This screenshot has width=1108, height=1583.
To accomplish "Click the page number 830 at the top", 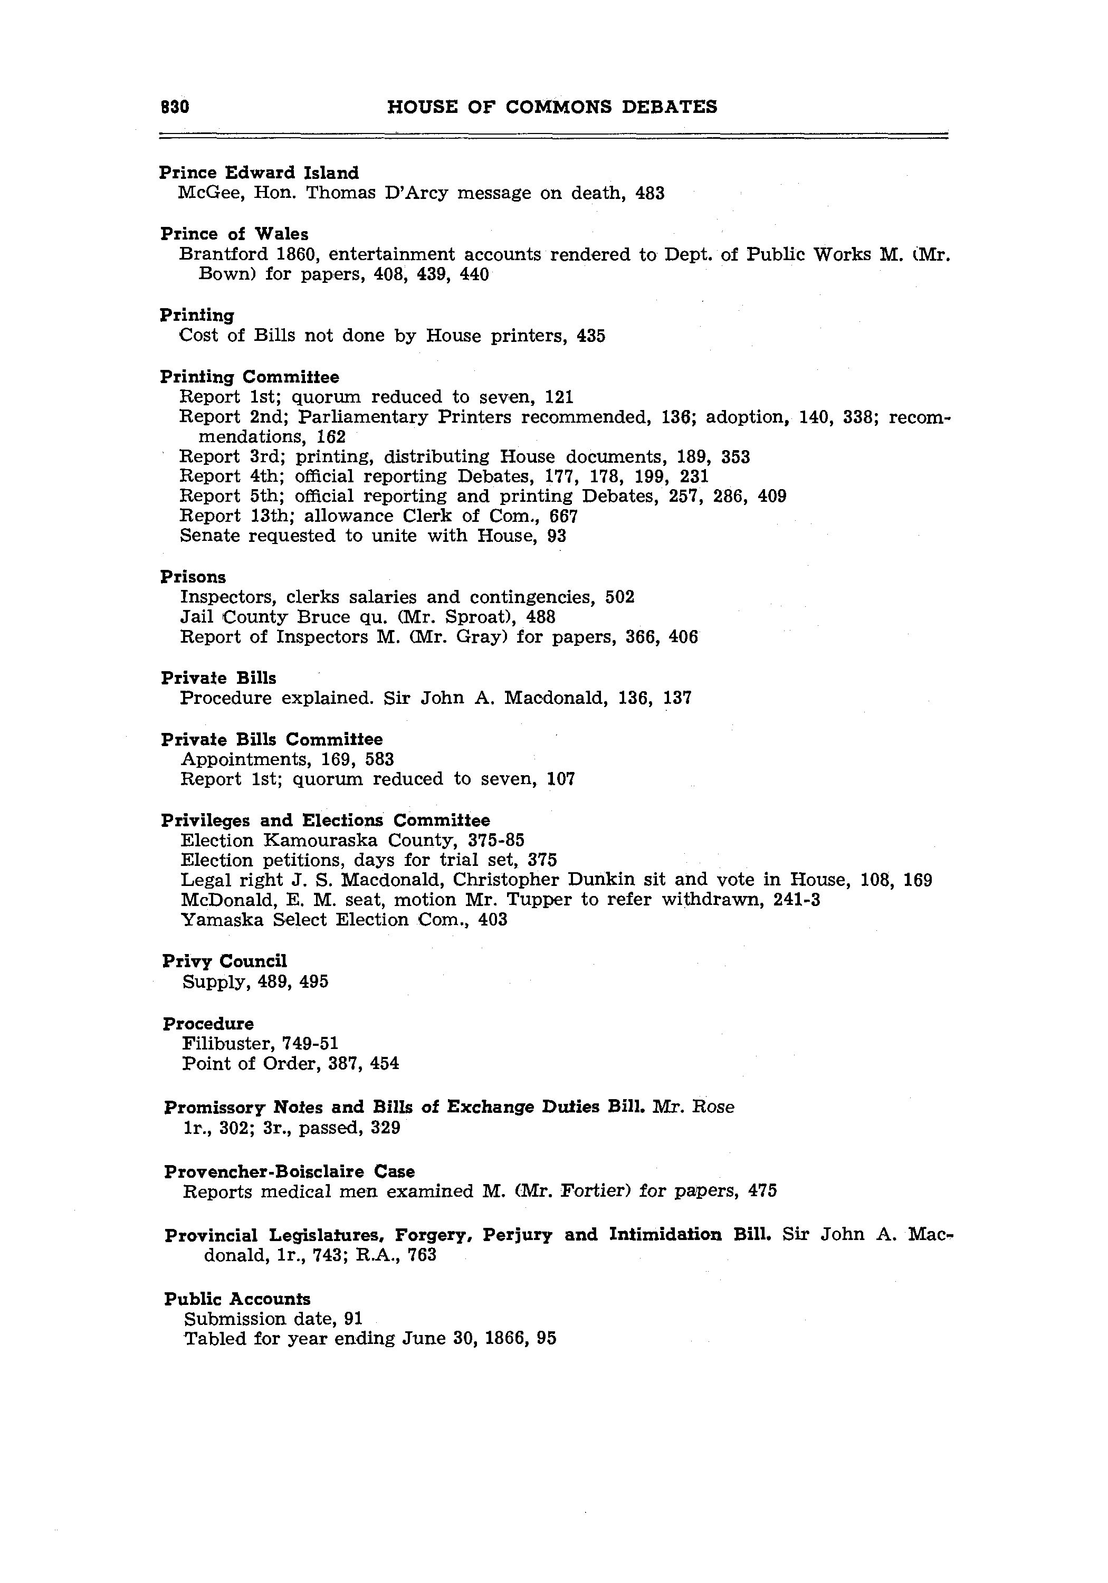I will pyautogui.click(x=175, y=107).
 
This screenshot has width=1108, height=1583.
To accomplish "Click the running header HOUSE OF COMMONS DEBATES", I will pyautogui.click(x=552, y=107).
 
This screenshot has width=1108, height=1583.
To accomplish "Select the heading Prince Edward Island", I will pyautogui.click(x=259, y=173).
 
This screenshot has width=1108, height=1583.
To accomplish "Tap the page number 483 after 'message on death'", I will pyautogui.click(x=649, y=193).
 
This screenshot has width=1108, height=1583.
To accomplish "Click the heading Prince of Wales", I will pyautogui.click(x=234, y=234).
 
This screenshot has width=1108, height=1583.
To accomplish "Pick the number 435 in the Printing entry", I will pyautogui.click(x=591, y=336).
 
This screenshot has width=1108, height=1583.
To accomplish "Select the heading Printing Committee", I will pyautogui.click(x=250, y=377).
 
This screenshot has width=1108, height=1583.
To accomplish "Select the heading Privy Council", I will pyautogui.click(x=224, y=961).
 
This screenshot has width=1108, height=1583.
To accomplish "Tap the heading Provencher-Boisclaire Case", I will pyautogui.click(x=290, y=1171).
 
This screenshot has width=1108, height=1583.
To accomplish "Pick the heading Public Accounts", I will pyautogui.click(x=237, y=1299).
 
